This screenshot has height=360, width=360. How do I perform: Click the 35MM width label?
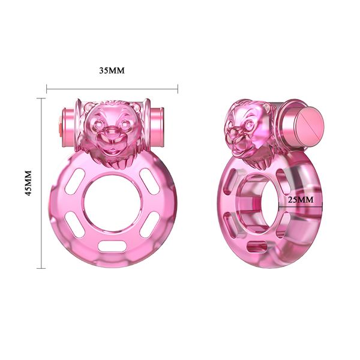point(112,70)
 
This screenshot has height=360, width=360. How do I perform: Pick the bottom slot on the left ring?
point(112,245)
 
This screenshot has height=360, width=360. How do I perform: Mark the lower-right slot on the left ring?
point(148,225)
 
